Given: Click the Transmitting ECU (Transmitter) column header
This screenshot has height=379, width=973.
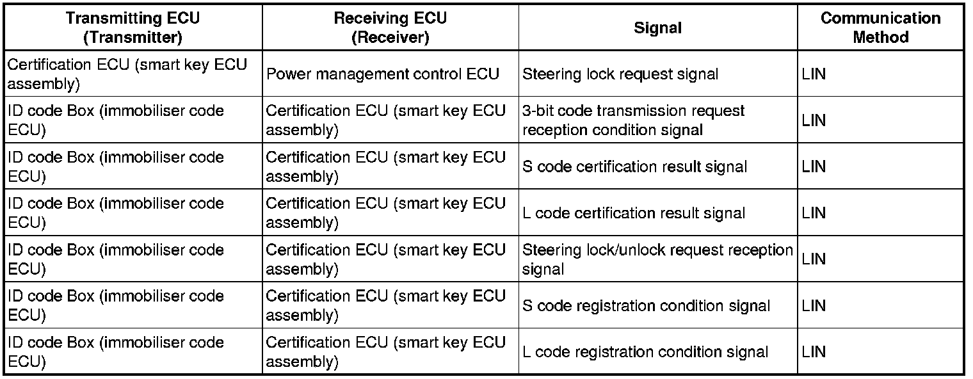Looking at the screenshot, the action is coord(133,28).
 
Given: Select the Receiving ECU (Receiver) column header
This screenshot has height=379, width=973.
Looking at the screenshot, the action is coord(390,28).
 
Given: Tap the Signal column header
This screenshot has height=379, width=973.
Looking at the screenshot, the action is coord(658,28).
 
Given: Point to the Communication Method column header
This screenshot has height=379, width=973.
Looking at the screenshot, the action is coord(881,28).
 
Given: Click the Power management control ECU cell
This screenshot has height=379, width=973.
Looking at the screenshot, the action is coord(382,74).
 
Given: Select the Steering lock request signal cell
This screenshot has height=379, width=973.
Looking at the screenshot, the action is coord(620,74).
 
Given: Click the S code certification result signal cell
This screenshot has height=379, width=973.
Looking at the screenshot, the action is coord(634,166).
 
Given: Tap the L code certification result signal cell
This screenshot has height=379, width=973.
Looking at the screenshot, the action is coord(634,213).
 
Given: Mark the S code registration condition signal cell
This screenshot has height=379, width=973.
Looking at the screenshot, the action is coord(646,305).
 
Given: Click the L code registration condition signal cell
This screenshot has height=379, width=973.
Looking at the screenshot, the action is coord(645,351).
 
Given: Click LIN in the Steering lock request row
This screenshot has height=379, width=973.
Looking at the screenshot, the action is coord(814,74).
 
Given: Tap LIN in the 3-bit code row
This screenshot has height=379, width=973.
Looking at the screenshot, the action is coord(814,120).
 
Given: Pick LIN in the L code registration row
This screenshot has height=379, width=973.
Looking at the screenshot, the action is coord(814,351).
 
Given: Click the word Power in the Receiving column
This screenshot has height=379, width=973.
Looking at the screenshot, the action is coord(287,74).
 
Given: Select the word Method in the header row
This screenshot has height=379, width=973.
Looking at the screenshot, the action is coord(881,37).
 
